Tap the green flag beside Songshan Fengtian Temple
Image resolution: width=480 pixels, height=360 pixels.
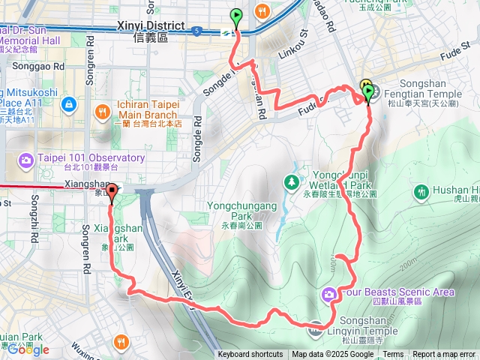(x=369, y=93)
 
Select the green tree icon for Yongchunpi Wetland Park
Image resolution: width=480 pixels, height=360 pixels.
(x=292, y=182)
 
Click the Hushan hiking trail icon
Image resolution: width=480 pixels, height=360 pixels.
(x=421, y=192)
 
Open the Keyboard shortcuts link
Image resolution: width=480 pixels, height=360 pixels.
(x=250, y=355)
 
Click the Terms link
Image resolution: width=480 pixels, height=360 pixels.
(x=393, y=355)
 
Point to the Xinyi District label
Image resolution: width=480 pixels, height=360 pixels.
(x=151, y=25)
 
